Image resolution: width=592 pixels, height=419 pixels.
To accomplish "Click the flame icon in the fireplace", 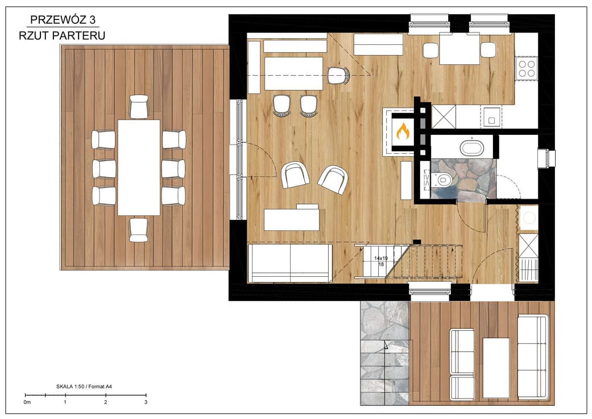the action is [403, 131].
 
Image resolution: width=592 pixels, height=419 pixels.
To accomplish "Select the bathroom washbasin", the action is [472, 147].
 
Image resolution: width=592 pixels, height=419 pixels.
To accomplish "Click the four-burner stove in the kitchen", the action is [527, 68].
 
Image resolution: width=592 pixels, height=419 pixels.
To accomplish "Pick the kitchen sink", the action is [491, 116].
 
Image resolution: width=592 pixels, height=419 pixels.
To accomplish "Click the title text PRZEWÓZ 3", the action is [63, 19].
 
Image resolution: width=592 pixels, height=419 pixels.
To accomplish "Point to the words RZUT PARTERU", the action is [62, 35].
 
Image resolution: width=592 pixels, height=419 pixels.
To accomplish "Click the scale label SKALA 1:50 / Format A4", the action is [84, 387].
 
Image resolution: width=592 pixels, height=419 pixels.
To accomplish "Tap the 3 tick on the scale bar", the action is [146, 395].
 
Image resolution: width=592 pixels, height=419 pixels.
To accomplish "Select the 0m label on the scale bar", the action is [27, 402].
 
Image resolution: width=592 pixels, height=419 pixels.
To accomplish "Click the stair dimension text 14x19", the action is [381, 258].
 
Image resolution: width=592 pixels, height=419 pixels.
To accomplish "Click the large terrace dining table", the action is [139, 167].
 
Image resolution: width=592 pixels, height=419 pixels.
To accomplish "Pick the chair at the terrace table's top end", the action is [139, 106].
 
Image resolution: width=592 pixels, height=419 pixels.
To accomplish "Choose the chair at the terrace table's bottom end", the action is [139, 230].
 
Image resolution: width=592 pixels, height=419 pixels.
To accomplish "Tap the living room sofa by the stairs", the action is [290, 264].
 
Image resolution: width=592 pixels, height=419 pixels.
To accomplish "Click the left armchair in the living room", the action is [295, 175].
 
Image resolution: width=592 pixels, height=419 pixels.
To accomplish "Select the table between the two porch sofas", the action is [496, 368].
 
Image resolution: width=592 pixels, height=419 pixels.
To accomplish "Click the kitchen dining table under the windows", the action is [459, 49].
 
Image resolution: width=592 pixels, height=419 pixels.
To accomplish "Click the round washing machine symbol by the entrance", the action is [528, 218].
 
